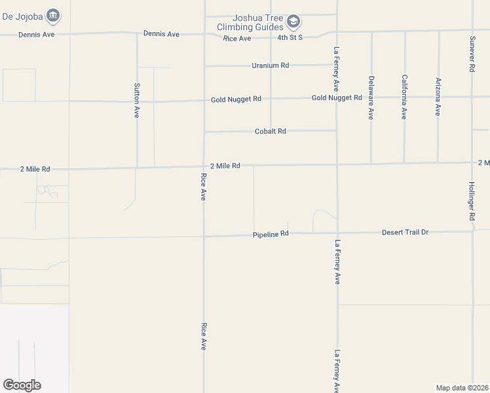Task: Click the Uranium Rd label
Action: coord(271,65)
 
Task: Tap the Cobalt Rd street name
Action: coord(271,131)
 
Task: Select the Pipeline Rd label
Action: coord(271,234)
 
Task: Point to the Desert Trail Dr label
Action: coord(405,233)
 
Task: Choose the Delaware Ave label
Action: coord(371,98)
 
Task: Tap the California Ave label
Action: coord(404,97)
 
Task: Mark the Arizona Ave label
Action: coord(438,97)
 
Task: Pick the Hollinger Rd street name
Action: coord(472,201)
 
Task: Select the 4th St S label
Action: coord(290,38)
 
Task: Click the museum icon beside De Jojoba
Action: coord(54,14)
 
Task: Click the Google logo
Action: coord(22,385)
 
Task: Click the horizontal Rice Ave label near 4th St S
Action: coord(236,39)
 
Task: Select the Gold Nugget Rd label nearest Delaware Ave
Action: coord(337,98)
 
